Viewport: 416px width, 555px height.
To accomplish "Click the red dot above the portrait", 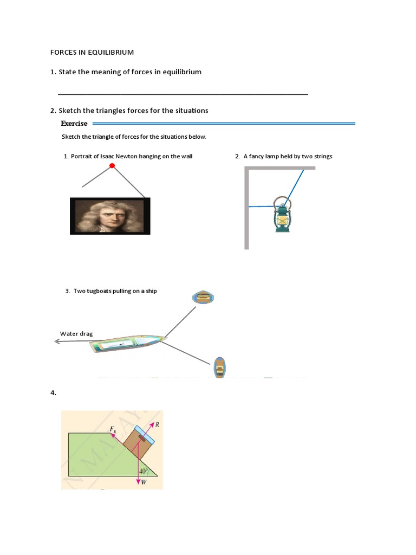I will [112, 165].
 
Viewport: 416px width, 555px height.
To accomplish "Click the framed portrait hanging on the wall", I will [110, 216].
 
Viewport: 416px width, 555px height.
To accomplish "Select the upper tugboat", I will [204, 296].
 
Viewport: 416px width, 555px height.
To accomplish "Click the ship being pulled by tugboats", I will [127, 344].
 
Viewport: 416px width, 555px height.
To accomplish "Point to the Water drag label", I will [76, 333].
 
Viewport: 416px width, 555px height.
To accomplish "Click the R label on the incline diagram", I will [157, 424].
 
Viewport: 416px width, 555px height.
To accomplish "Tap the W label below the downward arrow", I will [144, 482].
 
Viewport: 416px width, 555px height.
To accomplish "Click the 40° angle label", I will [144, 471].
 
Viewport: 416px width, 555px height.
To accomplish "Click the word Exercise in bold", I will [74, 124].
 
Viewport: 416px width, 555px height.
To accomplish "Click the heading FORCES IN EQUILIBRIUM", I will [92, 53].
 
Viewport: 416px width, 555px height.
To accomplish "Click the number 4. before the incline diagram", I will [53, 393].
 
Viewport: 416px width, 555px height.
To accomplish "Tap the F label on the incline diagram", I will [112, 429].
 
